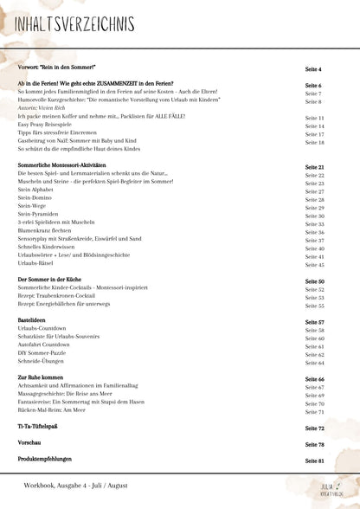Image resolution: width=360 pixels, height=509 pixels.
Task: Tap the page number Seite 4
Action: [314, 68]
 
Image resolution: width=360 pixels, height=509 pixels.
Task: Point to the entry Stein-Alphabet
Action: [37, 191]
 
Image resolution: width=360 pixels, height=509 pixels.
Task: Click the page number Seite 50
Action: [315, 281]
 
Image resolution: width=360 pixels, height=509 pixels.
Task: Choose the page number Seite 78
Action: [315, 444]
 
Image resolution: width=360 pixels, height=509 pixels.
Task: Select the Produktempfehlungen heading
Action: [48, 461]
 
